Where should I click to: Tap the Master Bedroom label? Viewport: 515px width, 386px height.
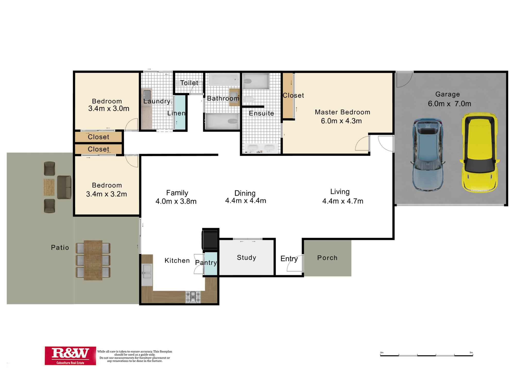[342, 112]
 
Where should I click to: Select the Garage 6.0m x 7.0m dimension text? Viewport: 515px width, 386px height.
[449, 104]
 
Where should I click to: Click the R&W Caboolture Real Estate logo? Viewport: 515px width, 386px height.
[70, 356]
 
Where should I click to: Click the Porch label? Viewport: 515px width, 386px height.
[327, 258]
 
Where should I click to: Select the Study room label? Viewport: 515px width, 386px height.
[246, 258]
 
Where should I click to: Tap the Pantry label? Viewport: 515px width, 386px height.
[206, 262]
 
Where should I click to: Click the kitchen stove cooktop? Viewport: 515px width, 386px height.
[193, 296]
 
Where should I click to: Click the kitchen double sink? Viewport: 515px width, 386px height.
[147, 272]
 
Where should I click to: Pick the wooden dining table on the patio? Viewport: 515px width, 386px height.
[93, 260]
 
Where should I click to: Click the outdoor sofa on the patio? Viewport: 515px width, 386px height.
[64, 187]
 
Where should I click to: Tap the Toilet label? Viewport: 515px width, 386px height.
[189, 83]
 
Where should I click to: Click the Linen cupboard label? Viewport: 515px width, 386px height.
[176, 113]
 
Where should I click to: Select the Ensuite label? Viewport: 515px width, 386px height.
[261, 113]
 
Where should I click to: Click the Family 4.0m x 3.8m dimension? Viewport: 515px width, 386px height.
[176, 201]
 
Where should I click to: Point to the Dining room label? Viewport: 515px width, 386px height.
[245, 193]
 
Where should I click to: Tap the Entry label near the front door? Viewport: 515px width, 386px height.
[289, 259]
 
